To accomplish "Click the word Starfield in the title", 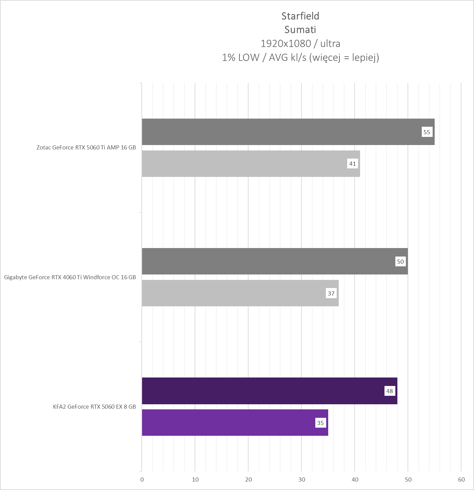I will click(300, 16).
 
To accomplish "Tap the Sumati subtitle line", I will click(300, 30).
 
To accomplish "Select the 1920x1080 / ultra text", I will click(300, 43).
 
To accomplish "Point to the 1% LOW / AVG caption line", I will click(300, 58).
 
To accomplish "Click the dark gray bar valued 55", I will click(278, 132).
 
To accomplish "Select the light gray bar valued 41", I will click(244, 164).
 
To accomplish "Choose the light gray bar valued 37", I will click(234, 293).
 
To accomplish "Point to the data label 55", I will click(427, 132).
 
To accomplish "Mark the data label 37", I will click(331, 293).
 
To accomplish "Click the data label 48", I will click(389, 391).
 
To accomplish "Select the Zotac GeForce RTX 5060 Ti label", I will click(86, 147).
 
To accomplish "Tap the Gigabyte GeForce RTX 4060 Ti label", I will click(70, 277).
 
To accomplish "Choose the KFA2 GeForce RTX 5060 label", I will click(94, 407).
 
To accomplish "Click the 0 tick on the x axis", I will click(142, 479).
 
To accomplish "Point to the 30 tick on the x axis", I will click(301, 479).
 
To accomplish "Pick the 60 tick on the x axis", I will click(461, 479).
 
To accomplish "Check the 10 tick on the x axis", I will click(195, 479).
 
